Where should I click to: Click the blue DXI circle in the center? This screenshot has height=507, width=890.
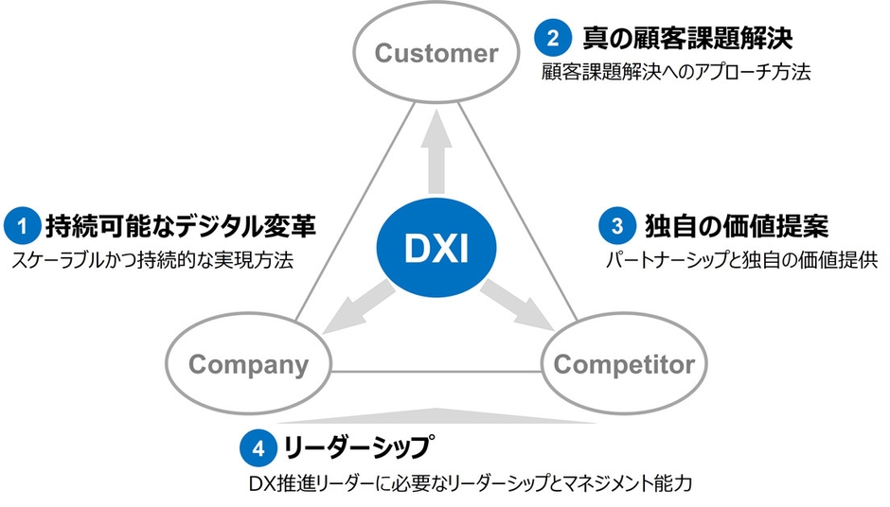[x=436, y=248]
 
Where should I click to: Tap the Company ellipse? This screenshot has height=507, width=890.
[x=248, y=364]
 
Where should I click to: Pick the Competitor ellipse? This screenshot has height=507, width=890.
[x=623, y=364]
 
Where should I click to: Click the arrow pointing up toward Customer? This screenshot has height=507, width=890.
[x=436, y=151]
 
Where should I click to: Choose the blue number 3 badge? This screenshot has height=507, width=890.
[x=616, y=227]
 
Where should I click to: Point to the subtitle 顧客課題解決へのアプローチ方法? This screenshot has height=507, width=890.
[x=676, y=72]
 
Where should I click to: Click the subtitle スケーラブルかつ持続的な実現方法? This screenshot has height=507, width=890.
[x=152, y=260]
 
